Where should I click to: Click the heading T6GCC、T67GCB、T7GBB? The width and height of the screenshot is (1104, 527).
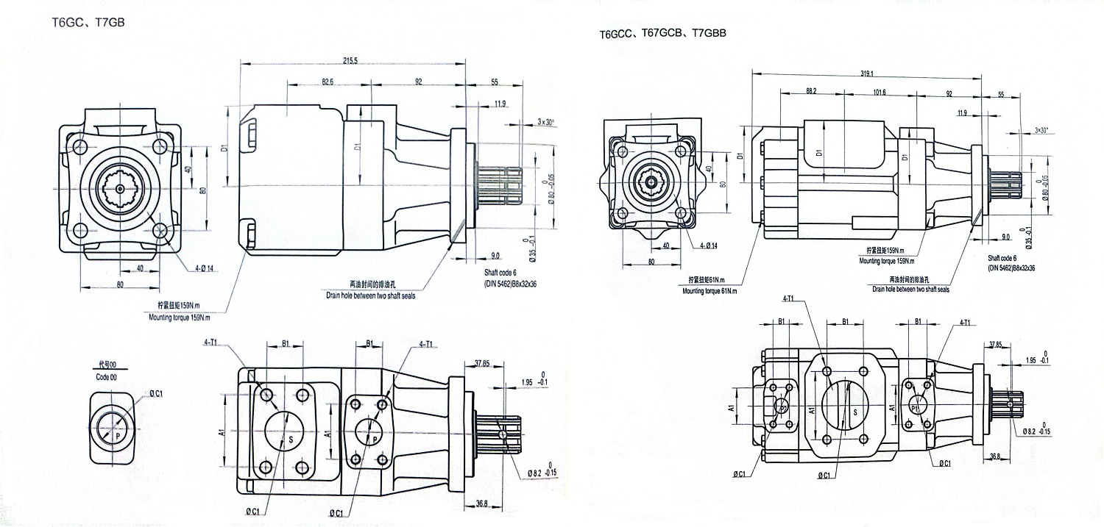[x=662, y=34]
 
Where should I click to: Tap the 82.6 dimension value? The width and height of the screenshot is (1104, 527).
[x=328, y=82]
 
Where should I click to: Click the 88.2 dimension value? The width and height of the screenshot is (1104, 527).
[x=812, y=92]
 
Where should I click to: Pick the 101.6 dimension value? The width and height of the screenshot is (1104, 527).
[x=878, y=92]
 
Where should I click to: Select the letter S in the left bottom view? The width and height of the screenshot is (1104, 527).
[x=290, y=439]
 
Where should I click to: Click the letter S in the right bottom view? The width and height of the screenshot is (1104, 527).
[x=854, y=413]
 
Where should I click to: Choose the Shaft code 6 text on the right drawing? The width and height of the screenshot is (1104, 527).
[x=1002, y=259]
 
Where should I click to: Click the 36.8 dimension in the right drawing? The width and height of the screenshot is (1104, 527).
[x=995, y=456]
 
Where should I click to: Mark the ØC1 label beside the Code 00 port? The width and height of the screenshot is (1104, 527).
[x=155, y=394]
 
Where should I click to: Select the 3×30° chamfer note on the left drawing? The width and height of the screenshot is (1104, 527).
[x=546, y=122]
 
